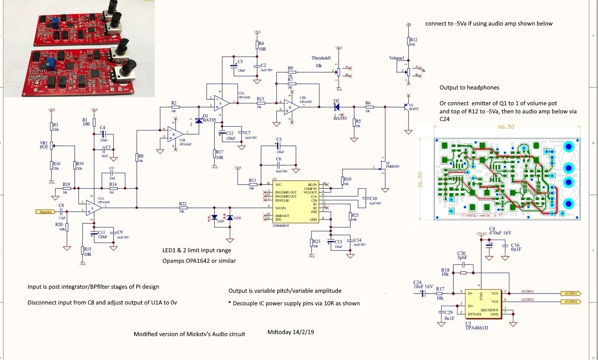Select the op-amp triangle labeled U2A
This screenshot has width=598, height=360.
(220, 103)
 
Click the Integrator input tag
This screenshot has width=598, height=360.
(45, 212)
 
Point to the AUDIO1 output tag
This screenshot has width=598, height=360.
(571, 293)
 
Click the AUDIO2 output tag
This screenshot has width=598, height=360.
(571, 302)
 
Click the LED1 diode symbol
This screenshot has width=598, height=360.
(214, 217)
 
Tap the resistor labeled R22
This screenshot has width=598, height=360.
(183, 208)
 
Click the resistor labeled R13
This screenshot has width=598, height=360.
(260, 103)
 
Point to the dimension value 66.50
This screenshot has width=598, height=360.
(506, 127)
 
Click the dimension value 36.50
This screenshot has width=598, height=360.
(421, 179)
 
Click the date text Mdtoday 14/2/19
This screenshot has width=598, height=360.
(290, 332)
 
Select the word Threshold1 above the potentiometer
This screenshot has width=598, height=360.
(321, 58)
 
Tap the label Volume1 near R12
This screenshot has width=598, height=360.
(397, 58)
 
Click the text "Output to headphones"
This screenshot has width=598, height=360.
(469, 87)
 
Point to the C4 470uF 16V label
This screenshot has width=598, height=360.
(500, 231)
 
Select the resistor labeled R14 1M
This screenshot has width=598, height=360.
(113, 188)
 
